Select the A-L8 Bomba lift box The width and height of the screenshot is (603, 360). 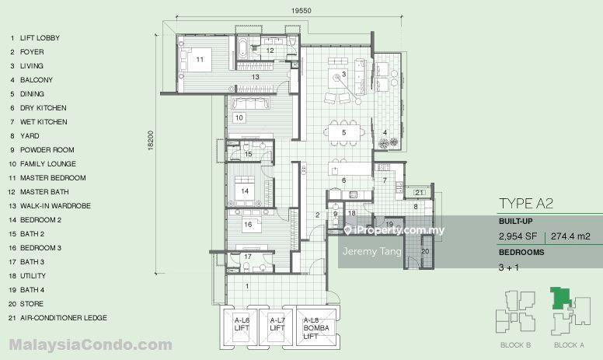[315, 327]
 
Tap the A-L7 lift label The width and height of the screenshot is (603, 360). [277, 324]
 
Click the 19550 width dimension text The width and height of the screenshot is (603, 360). [301, 11]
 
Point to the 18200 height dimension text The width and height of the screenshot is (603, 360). [151, 141]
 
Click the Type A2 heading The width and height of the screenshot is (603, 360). [526, 204]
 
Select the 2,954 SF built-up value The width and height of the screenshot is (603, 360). [518, 236]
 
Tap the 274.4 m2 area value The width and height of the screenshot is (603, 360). [570, 236]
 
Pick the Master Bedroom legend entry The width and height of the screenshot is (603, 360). [47, 178]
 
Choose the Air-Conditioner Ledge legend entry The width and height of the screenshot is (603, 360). [58, 318]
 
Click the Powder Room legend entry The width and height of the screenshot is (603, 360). [42, 149]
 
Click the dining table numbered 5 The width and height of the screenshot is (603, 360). [343, 133]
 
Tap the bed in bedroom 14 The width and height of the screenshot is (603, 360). [245, 188]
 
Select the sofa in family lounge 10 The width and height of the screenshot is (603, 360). [249, 103]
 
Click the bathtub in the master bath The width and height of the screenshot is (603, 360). [243, 48]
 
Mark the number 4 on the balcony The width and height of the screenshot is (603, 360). [385, 132]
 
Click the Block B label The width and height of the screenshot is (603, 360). [515, 345]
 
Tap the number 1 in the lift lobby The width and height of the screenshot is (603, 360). [247, 286]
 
